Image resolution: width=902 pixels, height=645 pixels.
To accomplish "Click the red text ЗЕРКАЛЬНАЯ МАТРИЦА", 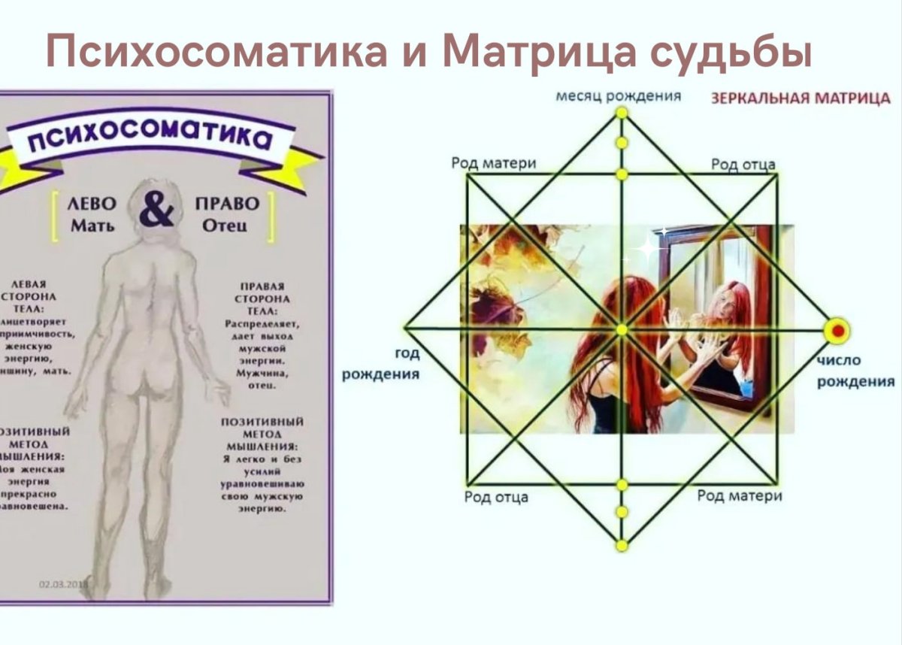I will coord(800,99).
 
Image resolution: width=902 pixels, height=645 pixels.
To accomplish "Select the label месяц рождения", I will coord(618,96).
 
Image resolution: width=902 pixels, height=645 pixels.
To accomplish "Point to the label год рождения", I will coord(381,364).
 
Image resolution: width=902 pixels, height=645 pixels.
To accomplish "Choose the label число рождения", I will coord(855,371).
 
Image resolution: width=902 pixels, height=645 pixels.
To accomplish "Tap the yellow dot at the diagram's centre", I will coord(622,329).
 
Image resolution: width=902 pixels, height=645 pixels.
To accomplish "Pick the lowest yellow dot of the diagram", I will coord(622,545).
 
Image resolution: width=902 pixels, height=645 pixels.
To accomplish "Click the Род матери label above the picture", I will coord(494,164).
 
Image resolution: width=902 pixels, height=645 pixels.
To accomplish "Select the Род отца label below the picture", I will coord(496,497).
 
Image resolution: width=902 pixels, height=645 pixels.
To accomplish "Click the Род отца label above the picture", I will coord(743,165).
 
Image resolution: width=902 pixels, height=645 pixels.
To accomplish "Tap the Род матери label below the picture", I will coord(739,495).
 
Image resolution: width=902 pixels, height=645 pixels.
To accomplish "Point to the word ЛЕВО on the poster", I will coord(92,204).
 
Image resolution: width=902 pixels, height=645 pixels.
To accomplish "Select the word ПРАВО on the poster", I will coord(226,204).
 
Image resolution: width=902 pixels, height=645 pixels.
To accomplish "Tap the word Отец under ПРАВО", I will coord(227,226).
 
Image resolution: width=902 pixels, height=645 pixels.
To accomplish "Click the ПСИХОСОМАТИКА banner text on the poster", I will coord(150,138).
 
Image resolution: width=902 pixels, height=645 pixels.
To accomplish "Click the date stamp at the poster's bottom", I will coord(63,584).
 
